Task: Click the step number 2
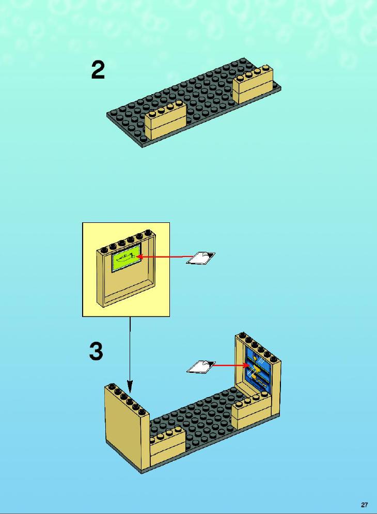tap(98, 70)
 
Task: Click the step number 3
tap(96, 352)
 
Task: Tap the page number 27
tap(364, 505)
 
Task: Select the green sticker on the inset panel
tap(127, 258)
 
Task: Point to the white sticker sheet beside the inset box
tap(200, 258)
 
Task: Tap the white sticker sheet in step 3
tap(200, 367)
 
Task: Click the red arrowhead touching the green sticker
tap(139, 256)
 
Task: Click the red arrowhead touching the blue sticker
tap(246, 365)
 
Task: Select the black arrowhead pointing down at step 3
tap(130, 386)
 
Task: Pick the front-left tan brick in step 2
tap(165, 120)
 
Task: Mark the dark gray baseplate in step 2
tap(193, 102)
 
